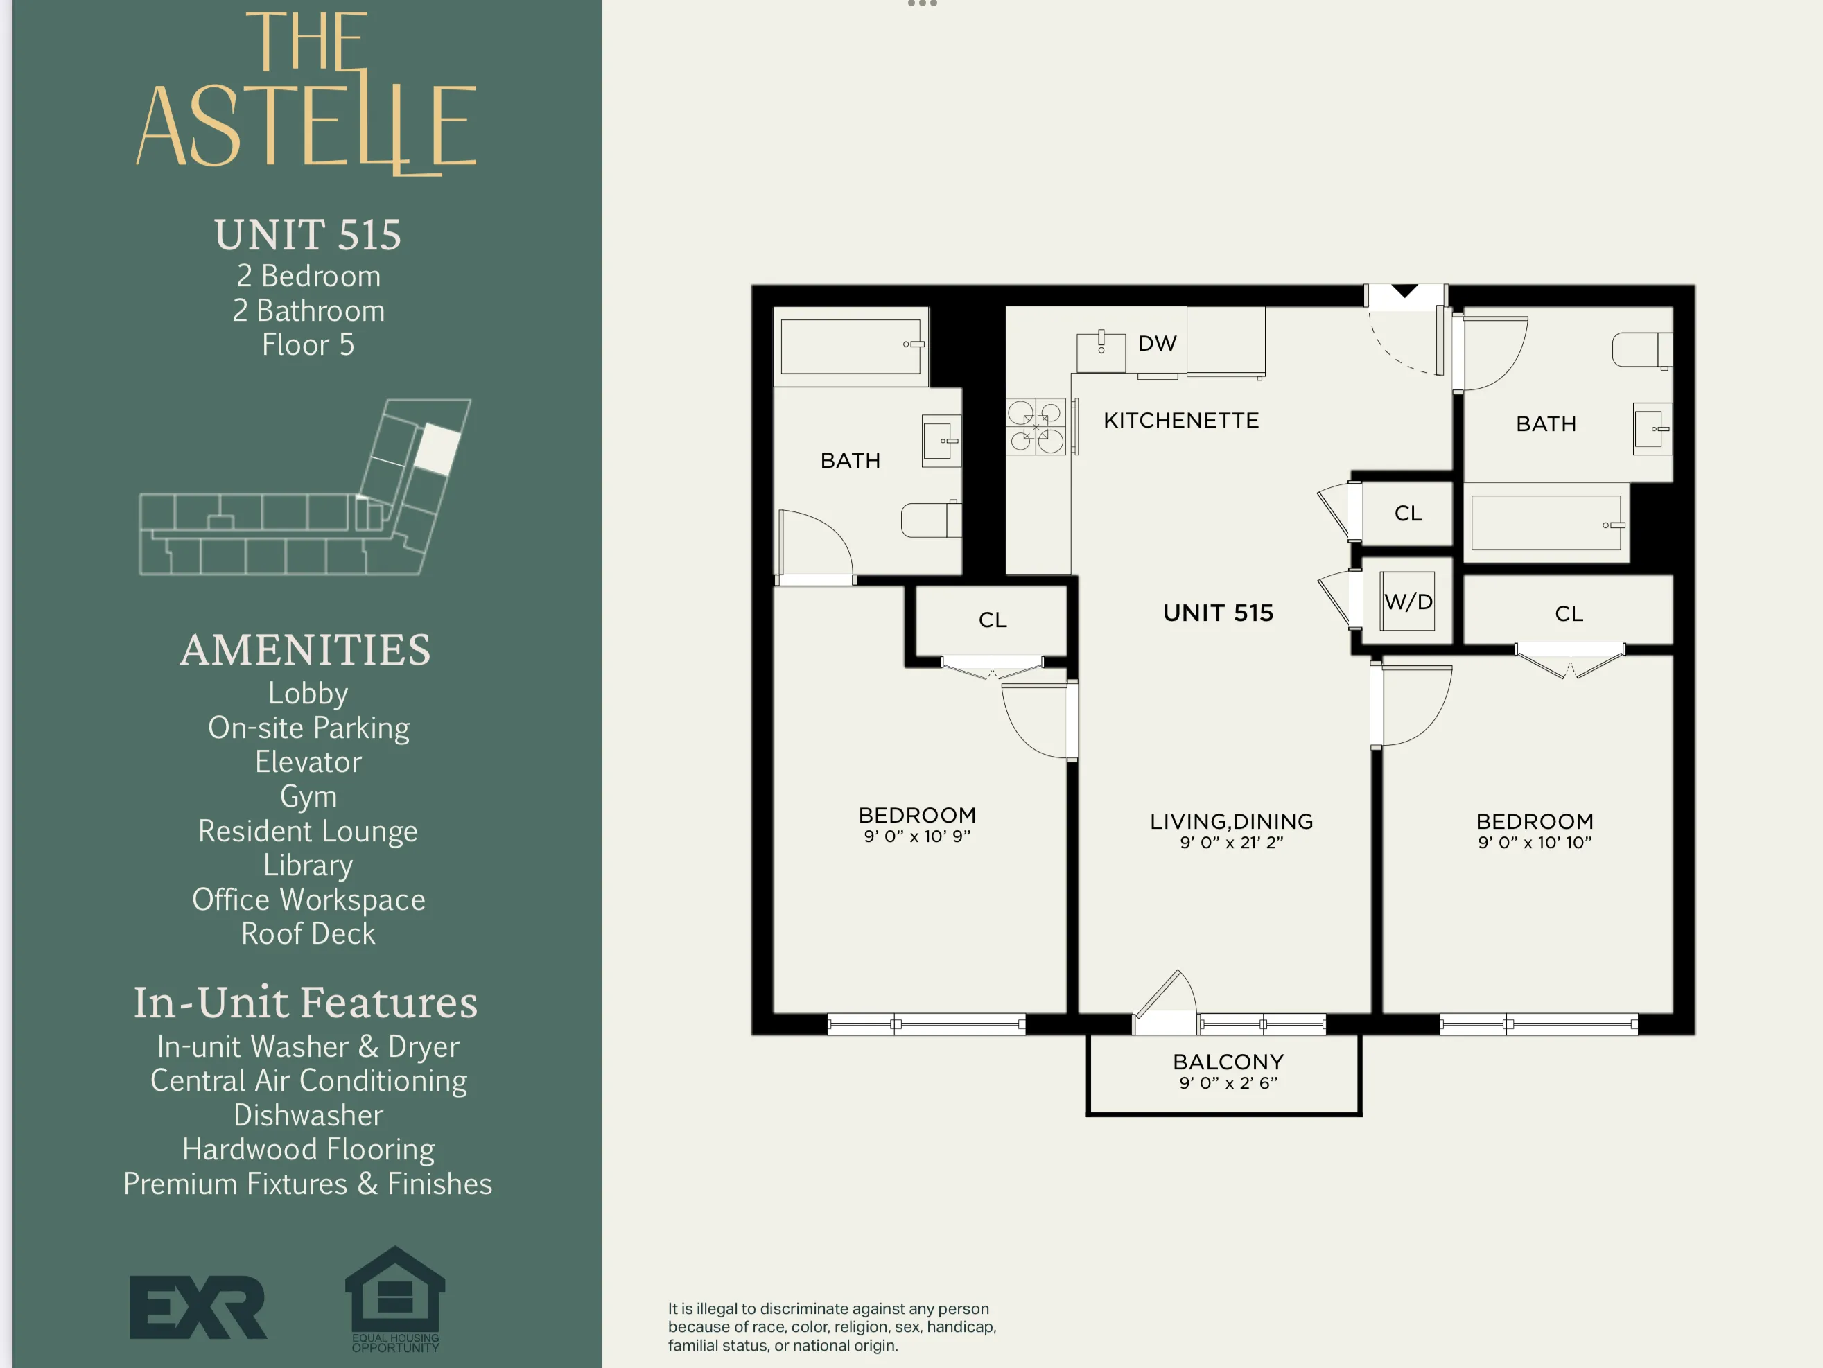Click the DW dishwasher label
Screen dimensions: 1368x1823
point(1156,344)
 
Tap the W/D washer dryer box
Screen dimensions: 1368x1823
point(1408,602)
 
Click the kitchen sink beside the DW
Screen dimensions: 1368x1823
point(1100,352)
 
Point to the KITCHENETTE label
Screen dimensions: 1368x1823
point(1180,420)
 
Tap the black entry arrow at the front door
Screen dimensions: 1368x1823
point(1404,291)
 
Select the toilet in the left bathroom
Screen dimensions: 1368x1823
point(932,520)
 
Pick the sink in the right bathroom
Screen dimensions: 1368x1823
point(1651,428)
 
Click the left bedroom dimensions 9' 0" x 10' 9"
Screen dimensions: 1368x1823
point(916,836)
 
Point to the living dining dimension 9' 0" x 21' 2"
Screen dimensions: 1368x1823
point(1230,842)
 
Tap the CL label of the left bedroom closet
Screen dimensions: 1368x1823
point(993,620)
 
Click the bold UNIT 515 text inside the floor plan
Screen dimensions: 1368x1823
point(1217,613)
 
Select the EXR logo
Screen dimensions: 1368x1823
point(198,1307)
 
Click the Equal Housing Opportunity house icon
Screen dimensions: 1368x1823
point(395,1293)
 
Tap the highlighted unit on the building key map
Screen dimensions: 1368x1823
point(436,449)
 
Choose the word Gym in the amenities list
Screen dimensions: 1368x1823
point(308,796)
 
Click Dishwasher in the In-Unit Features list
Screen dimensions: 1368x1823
point(308,1115)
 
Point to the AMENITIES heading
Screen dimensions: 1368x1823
point(306,649)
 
